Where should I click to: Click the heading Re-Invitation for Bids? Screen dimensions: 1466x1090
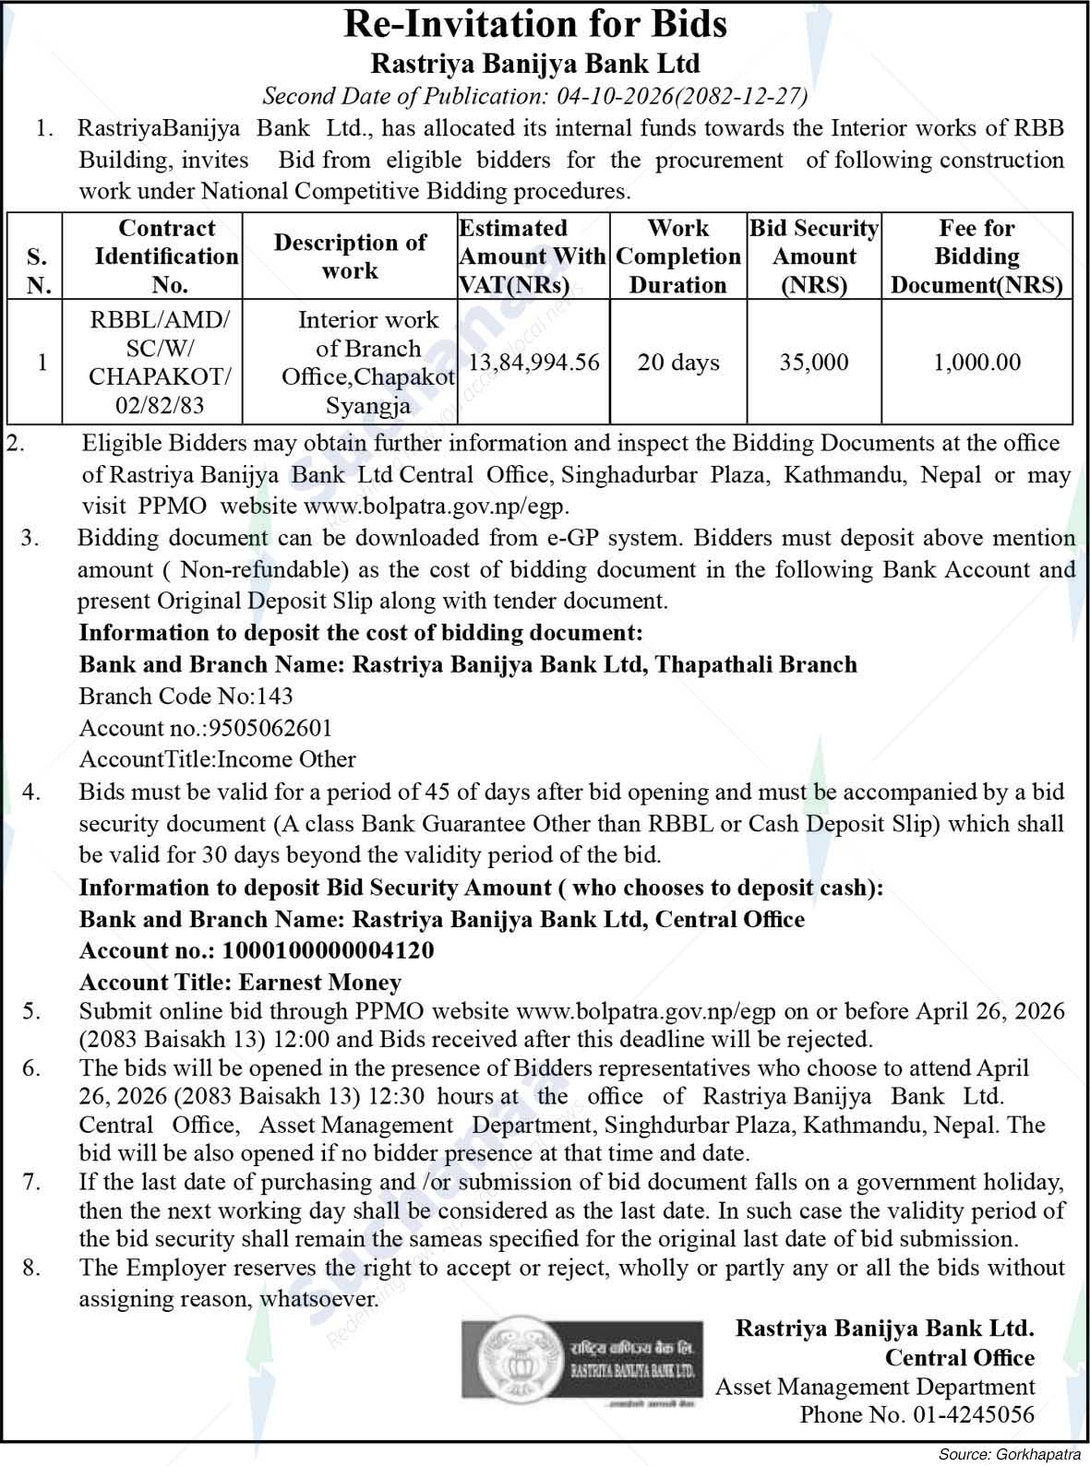[x=535, y=25]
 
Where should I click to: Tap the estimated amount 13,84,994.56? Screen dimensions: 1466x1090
[x=534, y=363]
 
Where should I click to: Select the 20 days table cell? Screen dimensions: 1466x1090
[x=678, y=363]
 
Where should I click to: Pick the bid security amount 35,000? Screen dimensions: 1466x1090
[x=814, y=363]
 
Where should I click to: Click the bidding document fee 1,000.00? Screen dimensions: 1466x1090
[x=976, y=363]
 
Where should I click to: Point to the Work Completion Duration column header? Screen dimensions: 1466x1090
[x=678, y=256]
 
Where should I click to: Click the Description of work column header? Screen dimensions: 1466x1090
[x=350, y=256]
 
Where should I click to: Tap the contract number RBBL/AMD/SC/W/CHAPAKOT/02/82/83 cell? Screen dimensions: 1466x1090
[x=160, y=363]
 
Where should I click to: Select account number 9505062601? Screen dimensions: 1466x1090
[x=270, y=728]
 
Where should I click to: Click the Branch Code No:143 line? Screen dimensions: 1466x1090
[x=186, y=696]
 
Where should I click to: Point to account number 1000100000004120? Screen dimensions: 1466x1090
[x=328, y=950]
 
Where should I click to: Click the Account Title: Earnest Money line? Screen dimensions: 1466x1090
[x=240, y=982]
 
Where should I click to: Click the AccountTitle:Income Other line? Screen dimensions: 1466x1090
[x=217, y=759]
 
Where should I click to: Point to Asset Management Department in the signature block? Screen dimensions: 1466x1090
[x=875, y=1386]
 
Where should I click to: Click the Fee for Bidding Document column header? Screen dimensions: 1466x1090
[x=976, y=256]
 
